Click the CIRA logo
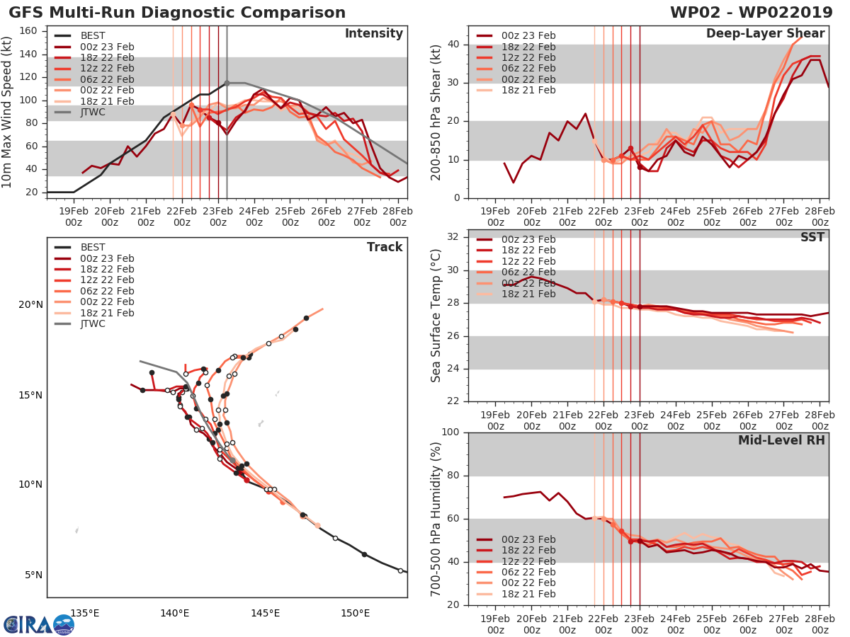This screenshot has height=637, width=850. tap(39, 624)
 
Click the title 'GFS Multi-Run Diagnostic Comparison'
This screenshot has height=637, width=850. tap(177, 13)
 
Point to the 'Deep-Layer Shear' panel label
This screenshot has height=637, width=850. tap(765, 34)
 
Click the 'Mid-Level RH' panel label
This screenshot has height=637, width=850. tap(781, 440)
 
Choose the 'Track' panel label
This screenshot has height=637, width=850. tap(385, 247)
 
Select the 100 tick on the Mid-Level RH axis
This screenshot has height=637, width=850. tap(448, 432)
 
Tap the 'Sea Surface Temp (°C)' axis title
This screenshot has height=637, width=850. tap(436, 316)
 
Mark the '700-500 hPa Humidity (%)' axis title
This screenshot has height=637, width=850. tap(436, 519)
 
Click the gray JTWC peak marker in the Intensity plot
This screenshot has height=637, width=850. tap(227, 83)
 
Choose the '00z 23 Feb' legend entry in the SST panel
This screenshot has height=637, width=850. tap(523, 239)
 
